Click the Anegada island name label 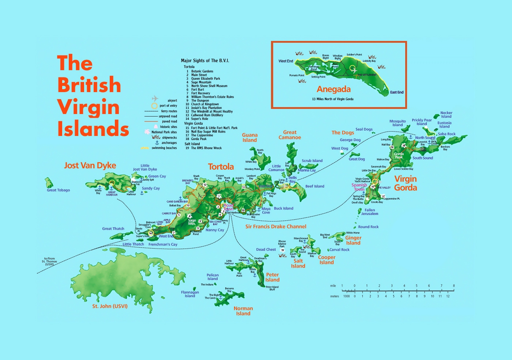[x=334, y=89]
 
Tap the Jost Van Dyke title [x=90, y=166]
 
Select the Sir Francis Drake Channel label [x=276, y=227]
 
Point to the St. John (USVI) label [x=110, y=306]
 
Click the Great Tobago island [x=49, y=182]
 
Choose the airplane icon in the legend [x=155, y=99]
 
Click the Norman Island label [x=243, y=311]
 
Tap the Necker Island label [x=446, y=115]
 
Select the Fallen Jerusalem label [x=370, y=212]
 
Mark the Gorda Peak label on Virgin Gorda [x=399, y=155]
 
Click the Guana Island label [x=250, y=137]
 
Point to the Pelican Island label [x=212, y=277]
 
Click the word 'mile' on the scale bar [x=333, y=286]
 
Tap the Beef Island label [x=315, y=186]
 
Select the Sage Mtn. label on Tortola [x=192, y=222]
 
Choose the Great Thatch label [x=113, y=229]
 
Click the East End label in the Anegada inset [x=396, y=92]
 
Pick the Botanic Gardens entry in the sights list [x=202, y=71]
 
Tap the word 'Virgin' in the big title [x=88, y=107]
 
